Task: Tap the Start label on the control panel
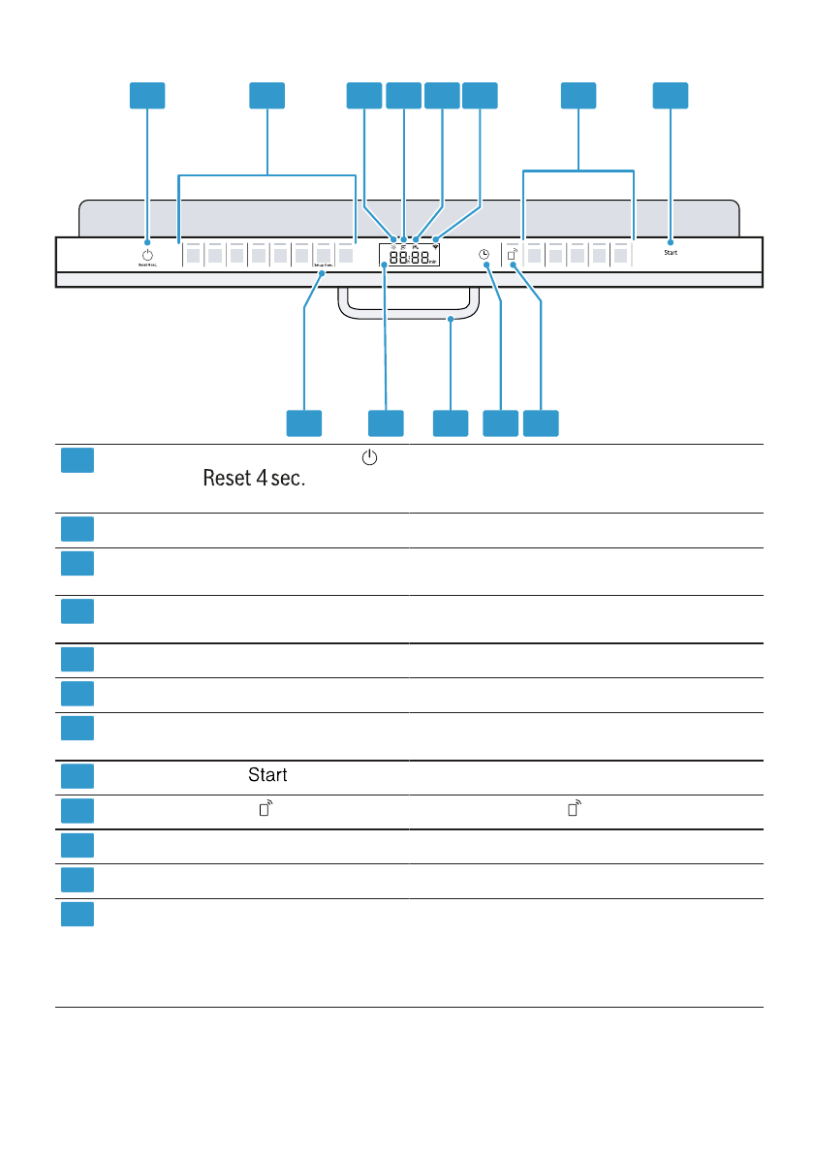pyautogui.click(x=671, y=252)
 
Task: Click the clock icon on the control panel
pyautogui.click(x=484, y=254)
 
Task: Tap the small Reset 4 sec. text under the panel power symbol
pyautogui.click(x=147, y=264)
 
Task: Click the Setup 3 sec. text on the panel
pyautogui.click(x=323, y=264)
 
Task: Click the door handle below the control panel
pyautogui.click(x=409, y=312)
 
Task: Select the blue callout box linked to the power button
pyautogui.click(x=147, y=95)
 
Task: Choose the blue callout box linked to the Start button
pyautogui.click(x=670, y=95)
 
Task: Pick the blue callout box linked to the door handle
pyautogui.click(x=450, y=422)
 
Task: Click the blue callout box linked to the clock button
pyautogui.click(x=500, y=422)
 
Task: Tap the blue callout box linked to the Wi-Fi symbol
pyautogui.click(x=480, y=95)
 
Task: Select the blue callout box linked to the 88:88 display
pyautogui.click(x=386, y=422)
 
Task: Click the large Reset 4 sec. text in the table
pyautogui.click(x=254, y=480)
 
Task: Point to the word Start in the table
pyautogui.click(x=266, y=776)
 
